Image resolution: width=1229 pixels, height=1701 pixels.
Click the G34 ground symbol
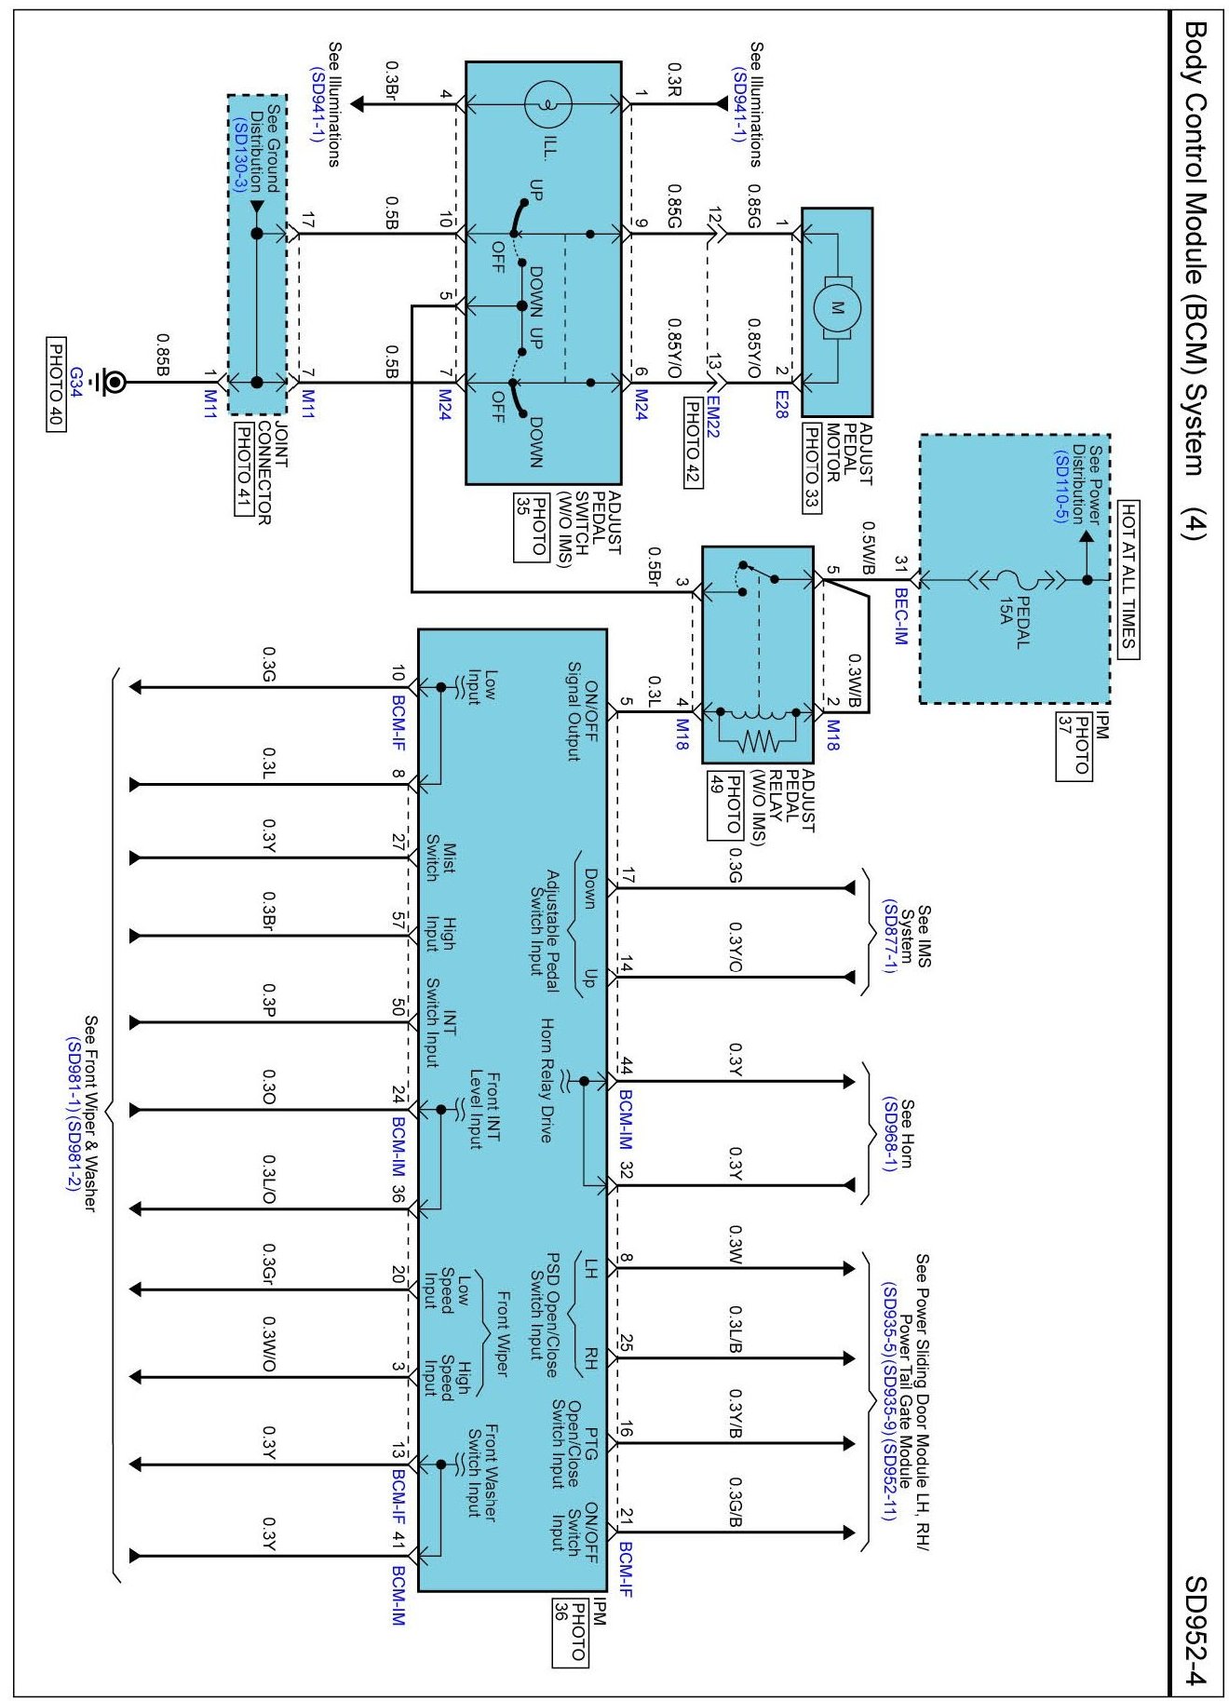(x=114, y=382)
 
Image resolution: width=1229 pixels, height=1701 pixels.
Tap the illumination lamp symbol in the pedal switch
(x=548, y=104)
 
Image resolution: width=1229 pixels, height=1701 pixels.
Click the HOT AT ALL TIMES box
(x=1128, y=578)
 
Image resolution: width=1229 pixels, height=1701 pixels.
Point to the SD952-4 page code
(x=1195, y=1629)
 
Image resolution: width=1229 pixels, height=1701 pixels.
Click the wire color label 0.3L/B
(x=736, y=1330)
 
